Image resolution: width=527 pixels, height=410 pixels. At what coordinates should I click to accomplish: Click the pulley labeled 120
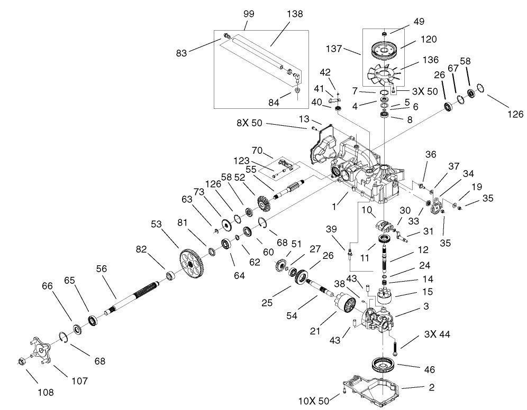pos(384,50)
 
